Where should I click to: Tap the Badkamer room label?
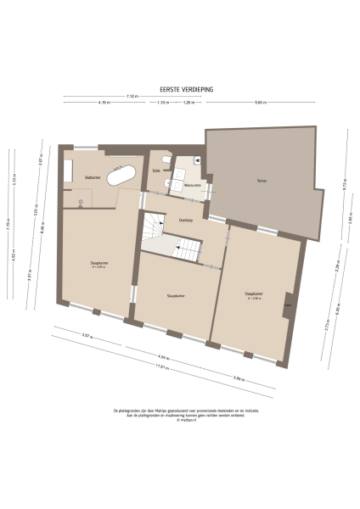[x=92, y=177]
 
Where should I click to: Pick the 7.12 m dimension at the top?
[x=132, y=96]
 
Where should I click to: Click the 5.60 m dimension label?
[x=261, y=103]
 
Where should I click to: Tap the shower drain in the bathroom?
[x=81, y=201]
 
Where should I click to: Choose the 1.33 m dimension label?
[x=162, y=103]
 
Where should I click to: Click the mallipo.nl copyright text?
[x=180, y=419]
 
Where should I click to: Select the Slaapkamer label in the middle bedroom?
[x=177, y=295]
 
